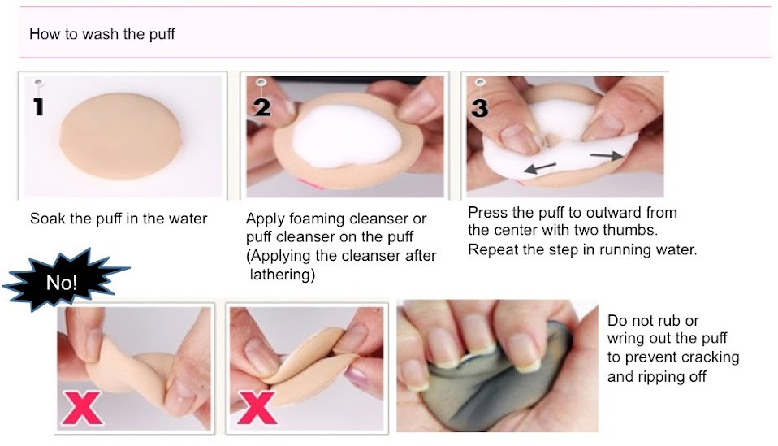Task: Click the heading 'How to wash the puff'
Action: [x=102, y=34]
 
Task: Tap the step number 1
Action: [x=38, y=106]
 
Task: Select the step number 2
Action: [x=262, y=107]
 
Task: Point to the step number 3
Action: [x=479, y=108]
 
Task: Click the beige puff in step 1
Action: [x=120, y=136]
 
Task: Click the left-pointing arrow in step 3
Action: [x=540, y=167]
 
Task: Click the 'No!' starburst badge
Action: [x=63, y=281]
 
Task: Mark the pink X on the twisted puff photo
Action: [x=81, y=407]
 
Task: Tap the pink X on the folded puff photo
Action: [x=256, y=407]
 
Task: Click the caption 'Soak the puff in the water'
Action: [x=119, y=219]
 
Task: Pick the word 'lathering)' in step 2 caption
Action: [x=283, y=275]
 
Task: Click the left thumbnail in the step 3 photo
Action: [x=519, y=138]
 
